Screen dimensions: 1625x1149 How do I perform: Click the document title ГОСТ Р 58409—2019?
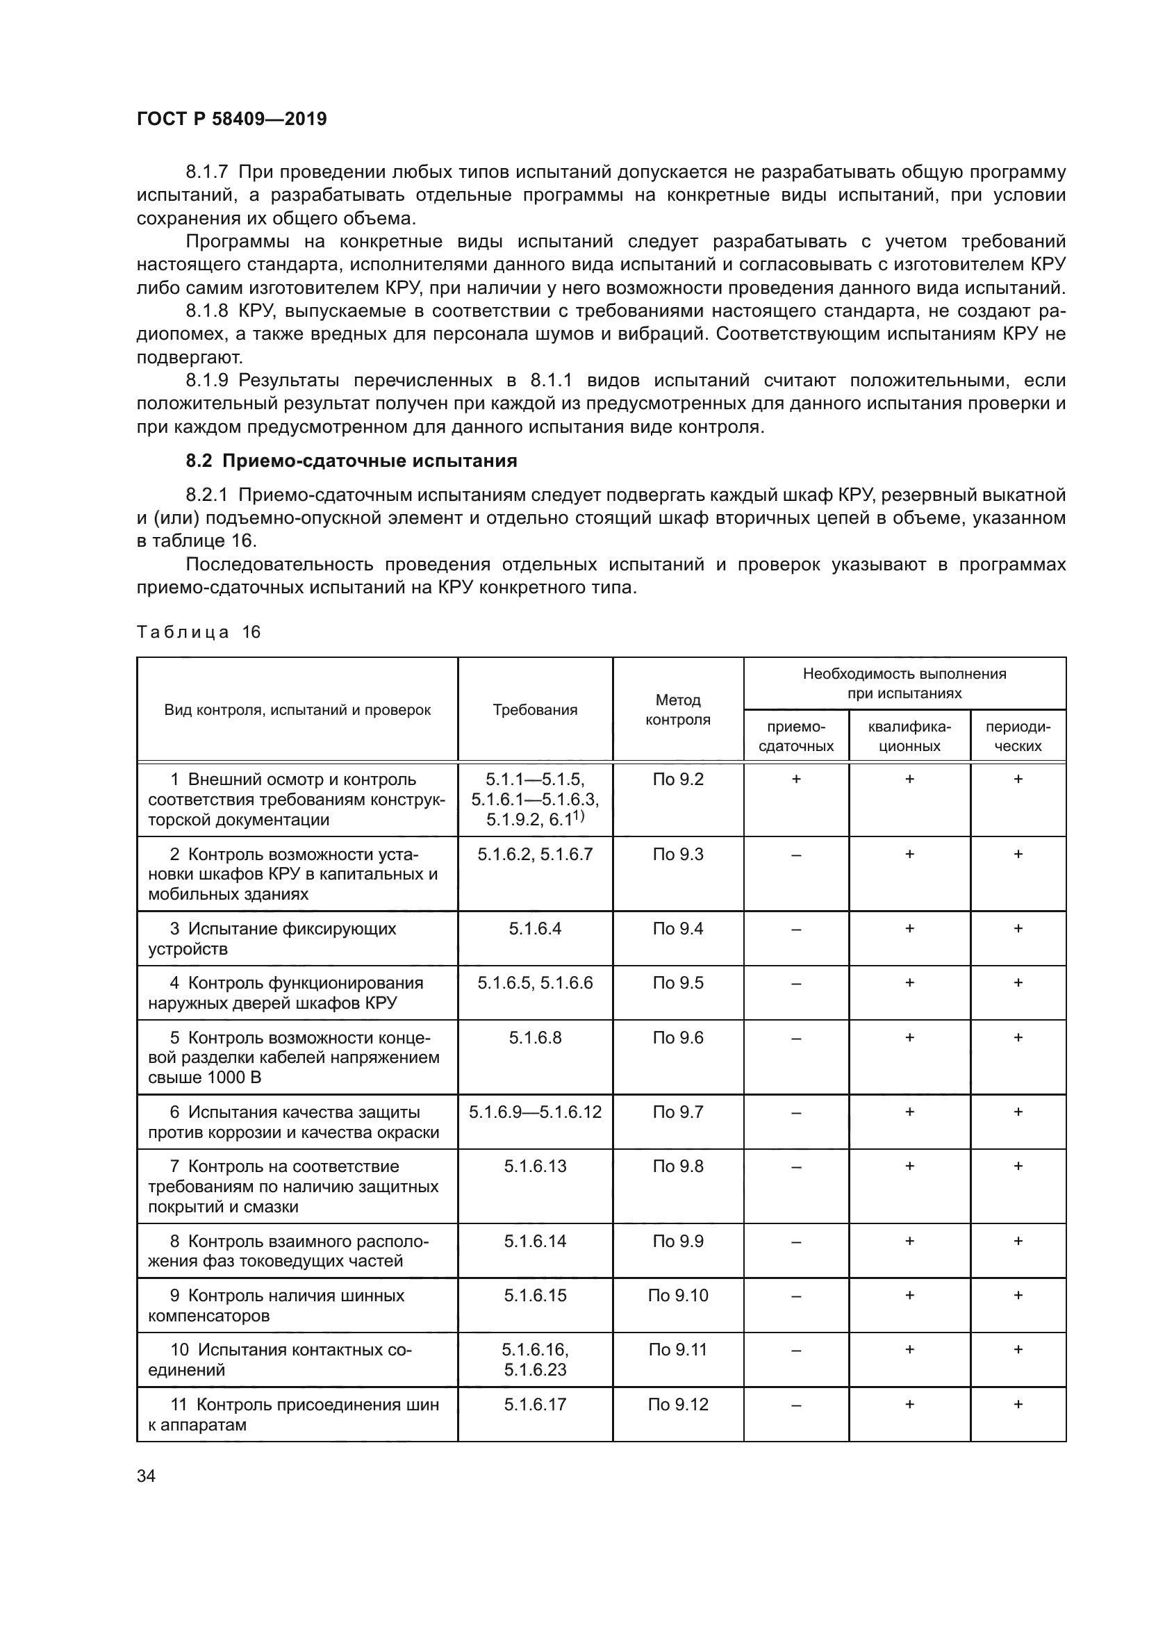coord(231,119)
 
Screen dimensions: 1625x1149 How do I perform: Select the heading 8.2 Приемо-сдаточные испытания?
coord(351,461)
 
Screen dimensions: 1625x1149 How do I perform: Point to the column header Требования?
coord(535,710)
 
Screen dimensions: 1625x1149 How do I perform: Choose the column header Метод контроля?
coord(678,710)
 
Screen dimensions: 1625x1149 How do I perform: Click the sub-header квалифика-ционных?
coord(909,736)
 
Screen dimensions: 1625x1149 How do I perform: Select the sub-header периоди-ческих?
coord(1018,736)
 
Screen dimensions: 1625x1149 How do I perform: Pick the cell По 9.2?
coord(678,779)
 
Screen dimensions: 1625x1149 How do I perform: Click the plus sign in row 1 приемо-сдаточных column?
coord(796,779)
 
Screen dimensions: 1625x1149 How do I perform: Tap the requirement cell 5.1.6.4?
coord(535,929)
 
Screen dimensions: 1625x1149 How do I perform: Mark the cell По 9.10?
coord(678,1295)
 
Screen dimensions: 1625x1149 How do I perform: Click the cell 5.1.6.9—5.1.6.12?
coord(535,1112)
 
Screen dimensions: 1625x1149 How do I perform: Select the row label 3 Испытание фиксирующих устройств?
coord(283,939)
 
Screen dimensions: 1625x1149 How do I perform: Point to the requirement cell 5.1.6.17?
coord(535,1404)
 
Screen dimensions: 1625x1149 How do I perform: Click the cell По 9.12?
coord(678,1404)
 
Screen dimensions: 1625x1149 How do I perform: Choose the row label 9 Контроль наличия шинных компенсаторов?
coord(283,1305)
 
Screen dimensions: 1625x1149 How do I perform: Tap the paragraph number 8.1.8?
coord(206,311)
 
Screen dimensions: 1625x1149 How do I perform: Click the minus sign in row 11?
coord(796,1405)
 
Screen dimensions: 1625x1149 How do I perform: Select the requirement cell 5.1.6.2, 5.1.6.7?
coord(535,855)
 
